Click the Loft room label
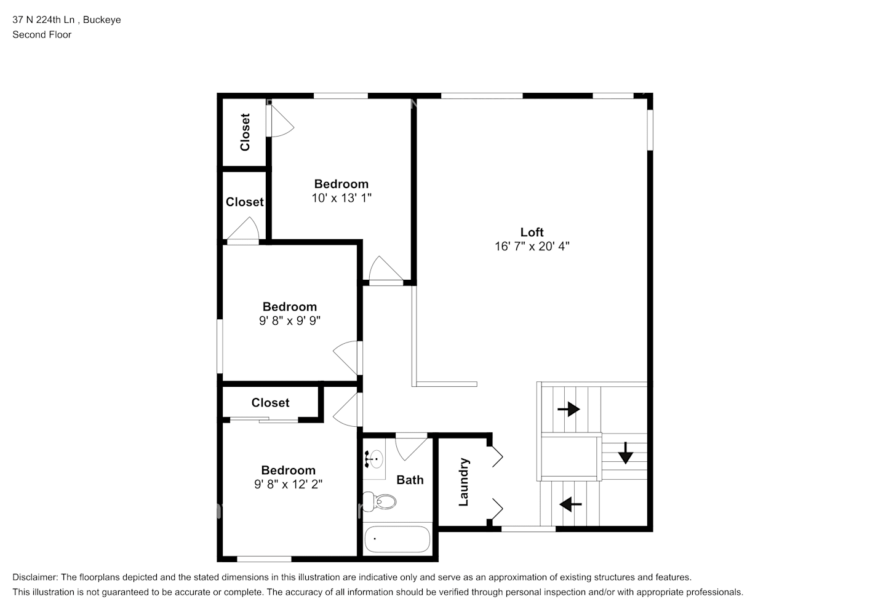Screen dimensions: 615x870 tap(532, 232)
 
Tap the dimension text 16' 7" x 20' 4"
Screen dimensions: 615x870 tap(532, 247)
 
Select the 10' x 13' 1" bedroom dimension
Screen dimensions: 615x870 tap(341, 198)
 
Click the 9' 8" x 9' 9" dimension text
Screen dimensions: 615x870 tap(289, 321)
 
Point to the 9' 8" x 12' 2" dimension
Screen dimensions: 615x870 tap(288, 485)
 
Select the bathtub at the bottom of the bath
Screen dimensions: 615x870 tap(397, 539)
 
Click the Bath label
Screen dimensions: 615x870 tap(410, 480)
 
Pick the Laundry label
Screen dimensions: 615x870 tap(464, 482)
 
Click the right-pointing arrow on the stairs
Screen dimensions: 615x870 tap(569, 409)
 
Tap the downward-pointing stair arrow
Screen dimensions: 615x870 tap(625, 453)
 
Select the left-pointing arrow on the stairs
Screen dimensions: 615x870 tap(570, 504)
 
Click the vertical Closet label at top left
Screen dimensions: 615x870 tap(245, 132)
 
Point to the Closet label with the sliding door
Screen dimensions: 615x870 tap(270, 402)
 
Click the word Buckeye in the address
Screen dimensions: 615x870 tap(102, 20)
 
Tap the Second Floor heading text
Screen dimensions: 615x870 tap(42, 34)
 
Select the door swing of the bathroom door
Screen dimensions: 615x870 tap(410, 448)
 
